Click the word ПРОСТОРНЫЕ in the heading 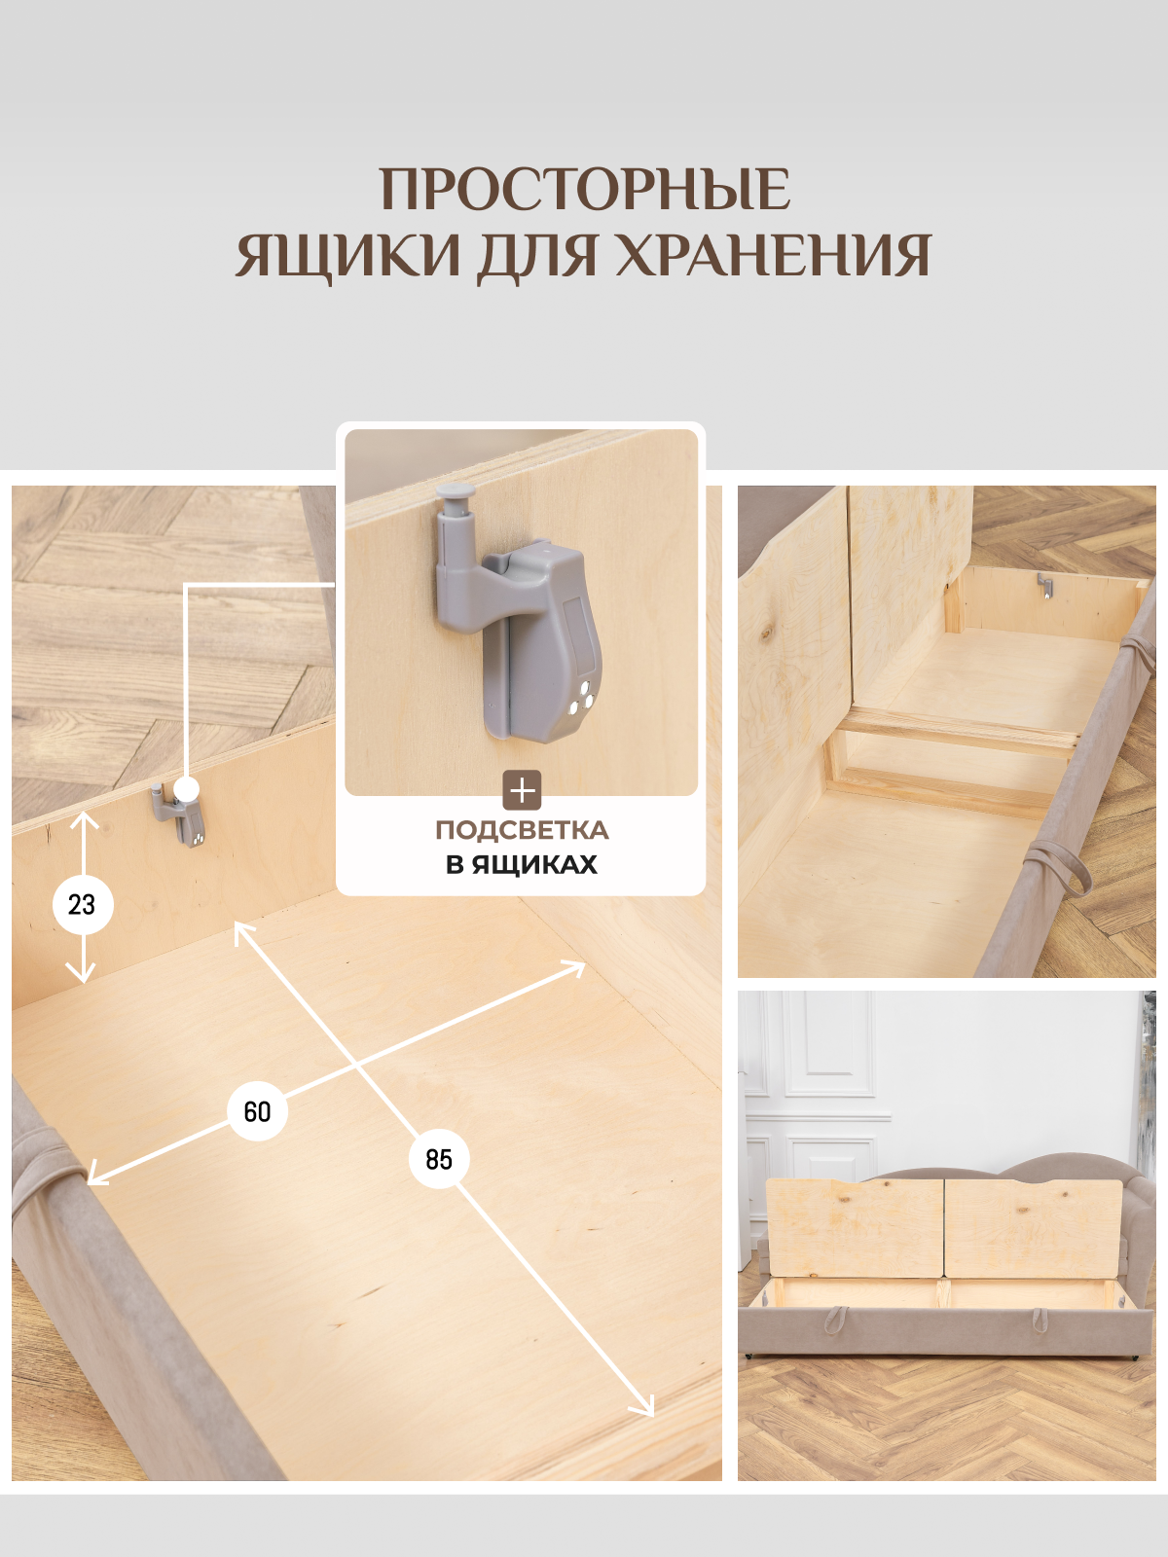(584, 190)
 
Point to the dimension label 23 (83, 905)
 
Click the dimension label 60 (257, 1111)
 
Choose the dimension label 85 (439, 1159)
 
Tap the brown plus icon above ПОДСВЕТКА (522, 790)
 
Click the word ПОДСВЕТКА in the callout (522, 830)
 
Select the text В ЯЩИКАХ (522, 865)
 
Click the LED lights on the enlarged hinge (580, 701)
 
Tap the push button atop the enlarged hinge (453, 498)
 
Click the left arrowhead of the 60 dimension (94, 1179)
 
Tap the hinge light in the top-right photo (1045, 586)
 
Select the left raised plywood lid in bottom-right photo (854, 1228)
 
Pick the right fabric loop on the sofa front (1040, 1321)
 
